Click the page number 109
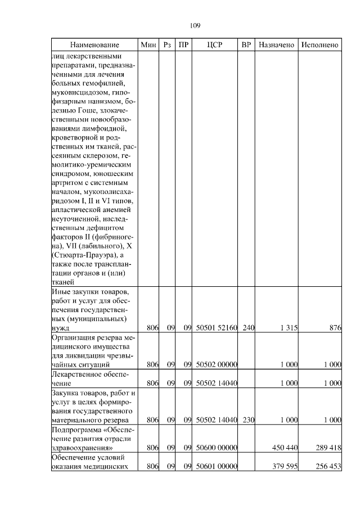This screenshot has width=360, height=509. pos(195,25)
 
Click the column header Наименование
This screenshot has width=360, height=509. pos(94,44)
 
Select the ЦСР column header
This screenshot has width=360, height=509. pos(215,44)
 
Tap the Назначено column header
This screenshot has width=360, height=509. pos(276,44)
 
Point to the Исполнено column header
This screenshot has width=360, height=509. pos(319,44)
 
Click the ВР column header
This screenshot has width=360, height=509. pos(246,44)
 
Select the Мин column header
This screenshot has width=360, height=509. pos(148,44)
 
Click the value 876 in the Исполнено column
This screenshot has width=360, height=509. pos(335,327)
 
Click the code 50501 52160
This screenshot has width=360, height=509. pos(216,327)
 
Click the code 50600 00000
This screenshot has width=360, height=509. pos(216,448)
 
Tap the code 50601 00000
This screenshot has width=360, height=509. pos(216,466)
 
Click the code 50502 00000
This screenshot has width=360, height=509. pos(216,364)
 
